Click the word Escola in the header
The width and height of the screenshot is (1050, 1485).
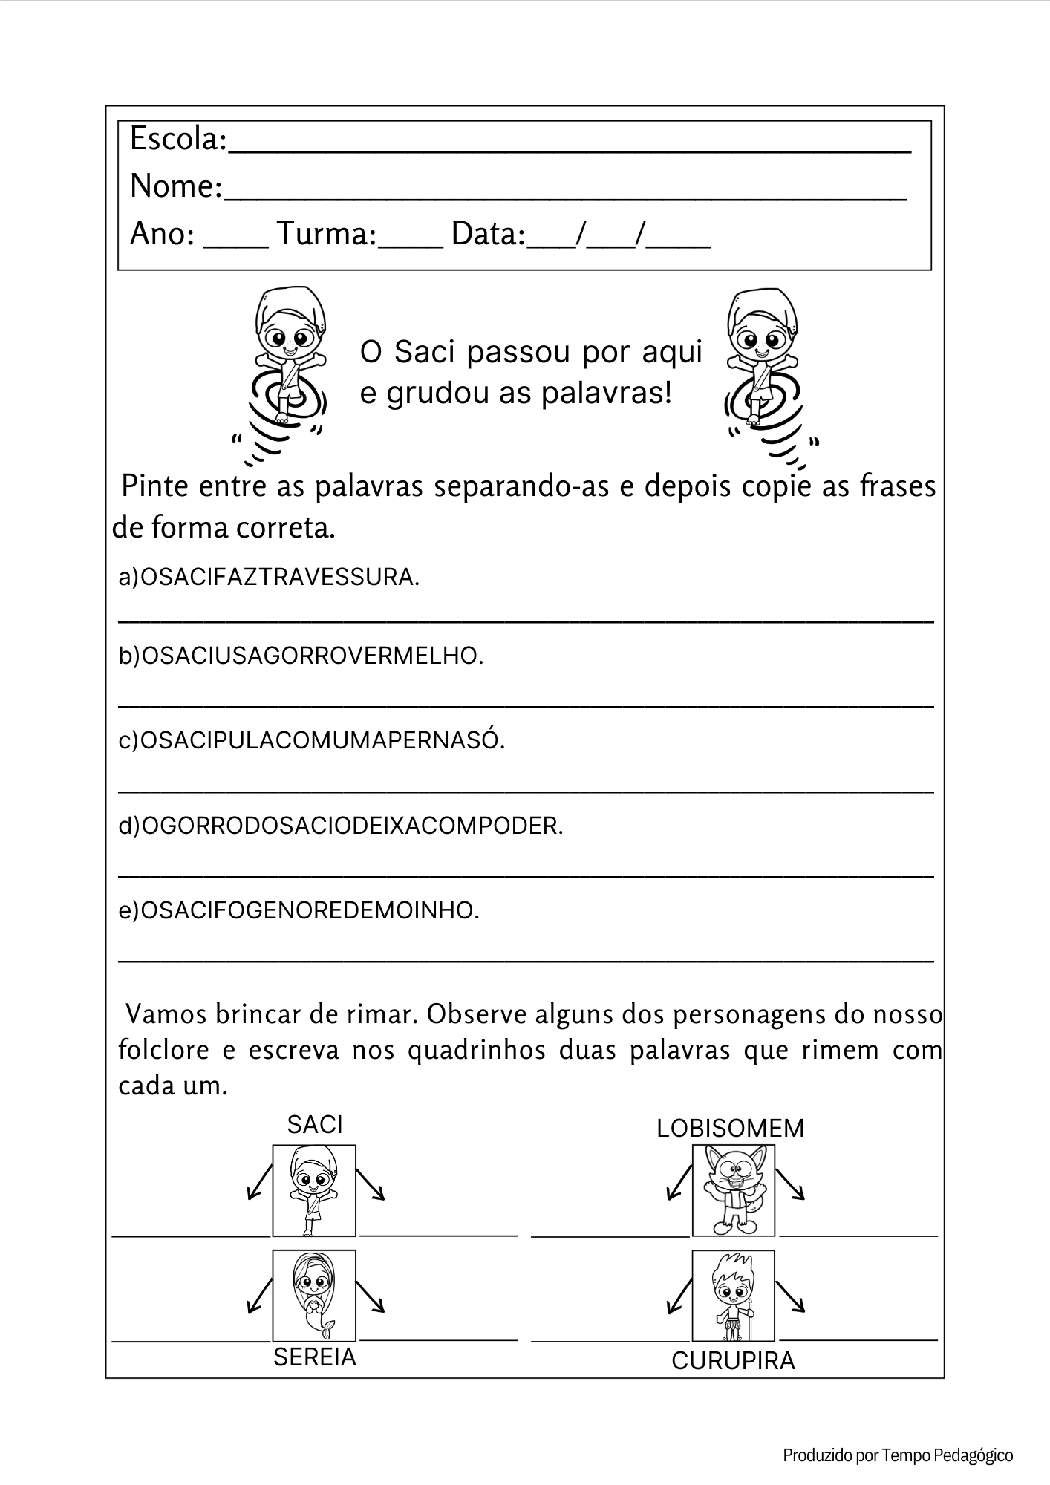click(x=177, y=139)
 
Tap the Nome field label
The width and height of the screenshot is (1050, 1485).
click(x=175, y=186)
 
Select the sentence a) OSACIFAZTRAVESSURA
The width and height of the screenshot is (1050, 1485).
click(x=269, y=577)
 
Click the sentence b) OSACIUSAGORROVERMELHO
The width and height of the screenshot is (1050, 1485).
click(x=301, y=656)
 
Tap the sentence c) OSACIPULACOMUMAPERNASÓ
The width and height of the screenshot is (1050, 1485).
click(x=312, y=740)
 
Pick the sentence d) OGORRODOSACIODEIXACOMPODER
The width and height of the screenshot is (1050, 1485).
click(x=341, y=826)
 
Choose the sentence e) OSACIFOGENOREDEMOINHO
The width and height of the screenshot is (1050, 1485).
click(x=299, y=910)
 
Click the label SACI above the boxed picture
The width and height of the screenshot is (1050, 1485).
click(x=315, y=1125)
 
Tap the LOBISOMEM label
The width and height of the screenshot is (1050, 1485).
click(x=730, y=1129)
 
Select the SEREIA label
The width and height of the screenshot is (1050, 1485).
click(x=315, y=1357)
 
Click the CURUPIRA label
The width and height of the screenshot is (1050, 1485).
click(x=733, y=1361)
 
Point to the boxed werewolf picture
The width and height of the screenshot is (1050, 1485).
click(x=733, y=1190)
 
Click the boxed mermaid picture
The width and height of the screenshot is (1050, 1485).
click(x=314, y=1296)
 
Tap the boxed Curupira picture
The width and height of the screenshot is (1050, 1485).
click(x=733, y=1296)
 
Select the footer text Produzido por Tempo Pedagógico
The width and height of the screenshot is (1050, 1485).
click(x=898, y=1455)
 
